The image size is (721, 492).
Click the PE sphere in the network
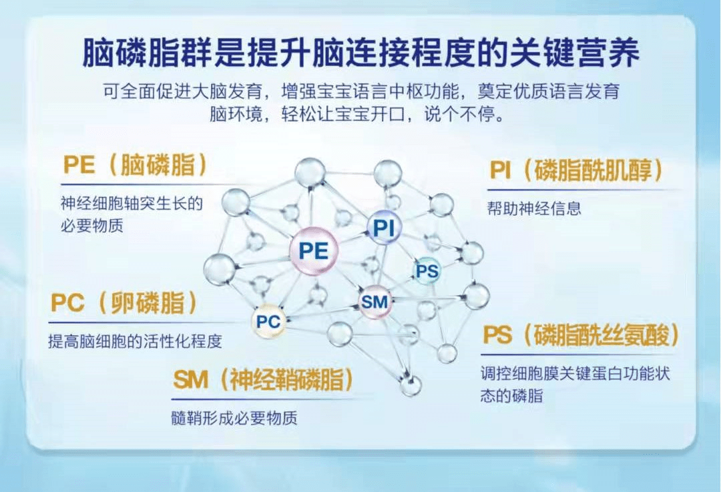[x=314, y=251]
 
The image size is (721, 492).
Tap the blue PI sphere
[x=384, y=228]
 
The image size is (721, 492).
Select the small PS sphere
[x=427, y=272]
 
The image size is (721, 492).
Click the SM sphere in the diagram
[x=375, y=302]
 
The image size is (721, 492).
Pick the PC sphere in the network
[x=268, y=322]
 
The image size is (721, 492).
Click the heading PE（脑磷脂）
[x=134, y=165]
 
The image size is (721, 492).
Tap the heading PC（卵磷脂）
[x=125, y=304]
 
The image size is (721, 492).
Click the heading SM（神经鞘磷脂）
[x=263, y=381]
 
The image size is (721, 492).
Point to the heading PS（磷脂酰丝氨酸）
[x=581, y=335]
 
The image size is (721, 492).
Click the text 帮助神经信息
[x=534, y=208]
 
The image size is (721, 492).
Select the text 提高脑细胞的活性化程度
[x=135, y=341]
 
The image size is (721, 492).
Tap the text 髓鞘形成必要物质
[x=234, y=419]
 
